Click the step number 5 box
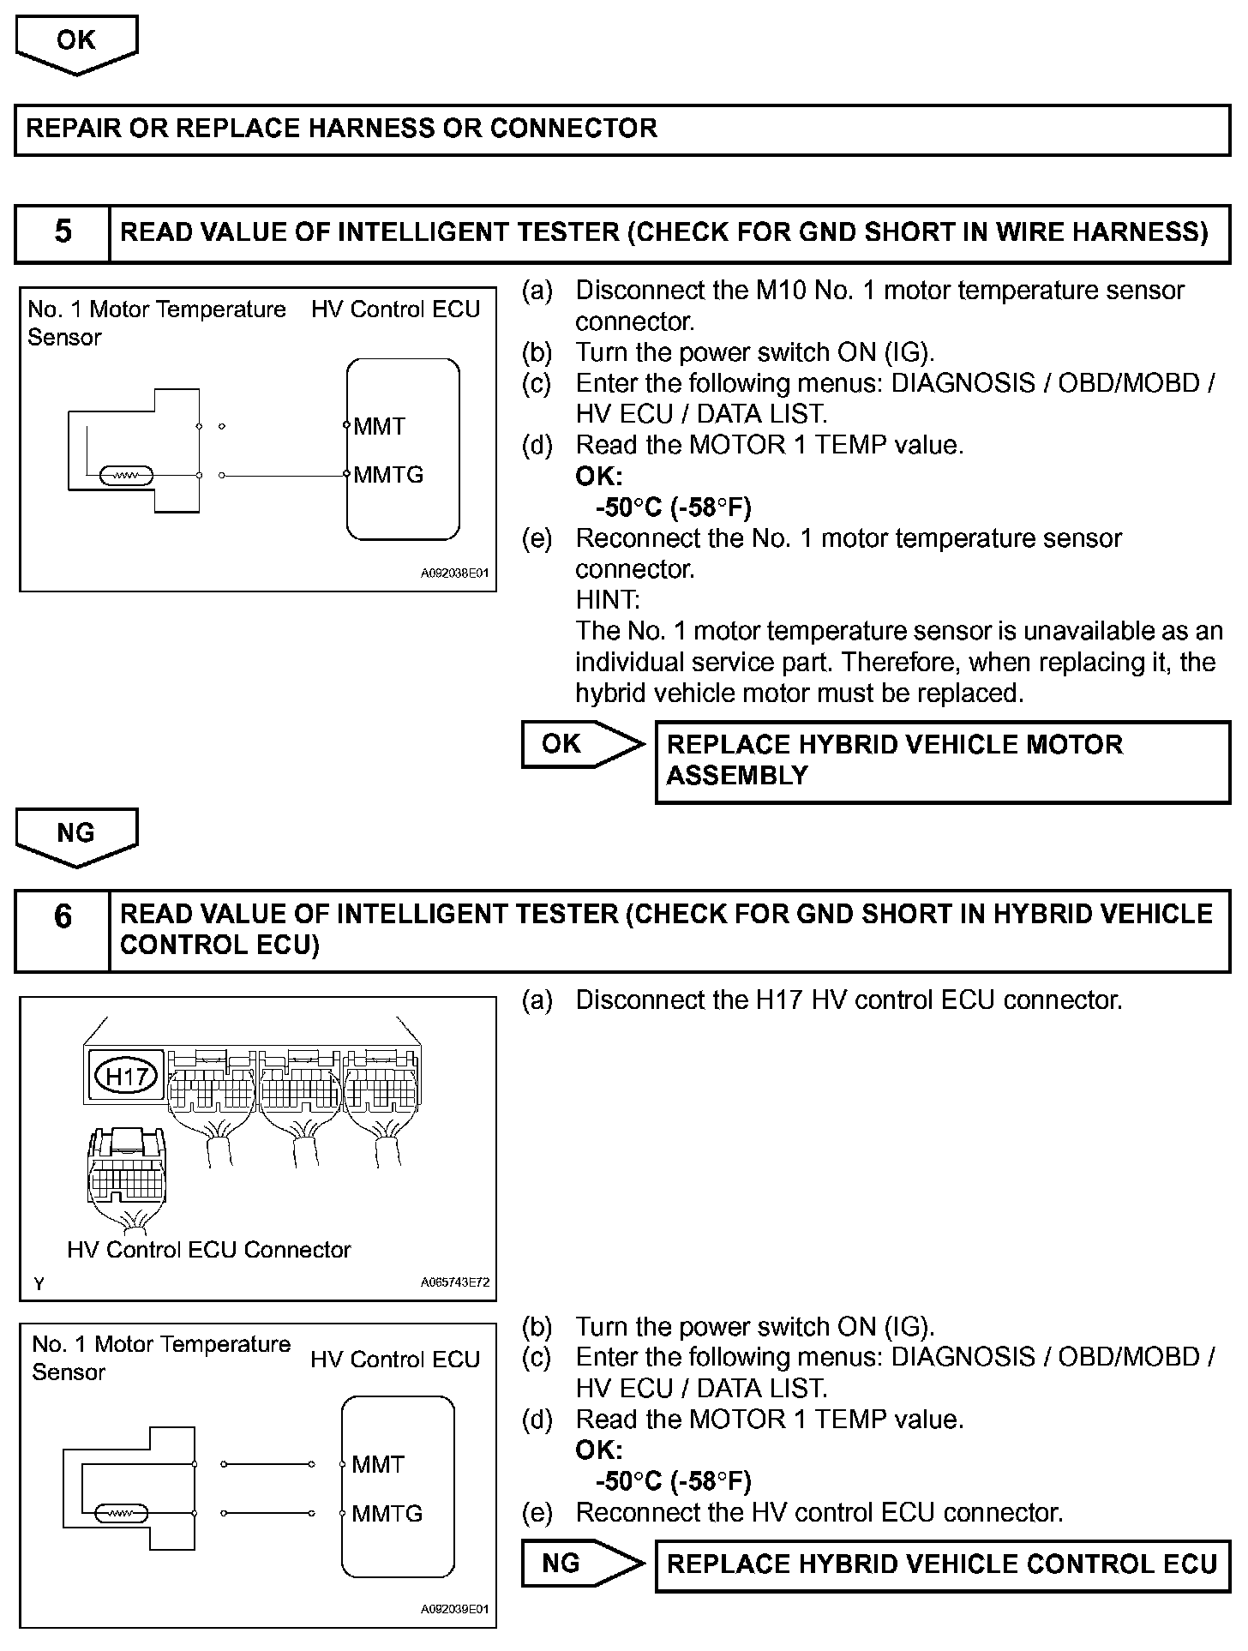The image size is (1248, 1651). (63, 232)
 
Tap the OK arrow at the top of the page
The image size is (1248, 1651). (76, 43)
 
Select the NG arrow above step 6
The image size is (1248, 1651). (76, 835)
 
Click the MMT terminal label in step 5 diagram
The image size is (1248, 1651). (379, 426)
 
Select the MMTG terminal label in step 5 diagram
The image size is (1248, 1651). (388, 474)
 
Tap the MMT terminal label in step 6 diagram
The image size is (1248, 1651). (377, 1464)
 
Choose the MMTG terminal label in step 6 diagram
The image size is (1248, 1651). (387, 1513)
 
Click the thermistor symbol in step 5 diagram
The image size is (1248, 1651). (127, 476)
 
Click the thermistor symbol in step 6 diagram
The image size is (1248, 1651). (123, 1514)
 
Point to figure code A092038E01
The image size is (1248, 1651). (454, 573)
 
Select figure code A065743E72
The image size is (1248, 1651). (454, 1282)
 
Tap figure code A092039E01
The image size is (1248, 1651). (454, 1609)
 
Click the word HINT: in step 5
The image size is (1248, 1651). (607, 599)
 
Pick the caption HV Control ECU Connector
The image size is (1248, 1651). (209, 1250)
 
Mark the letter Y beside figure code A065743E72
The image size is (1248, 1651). (39, 1283)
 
